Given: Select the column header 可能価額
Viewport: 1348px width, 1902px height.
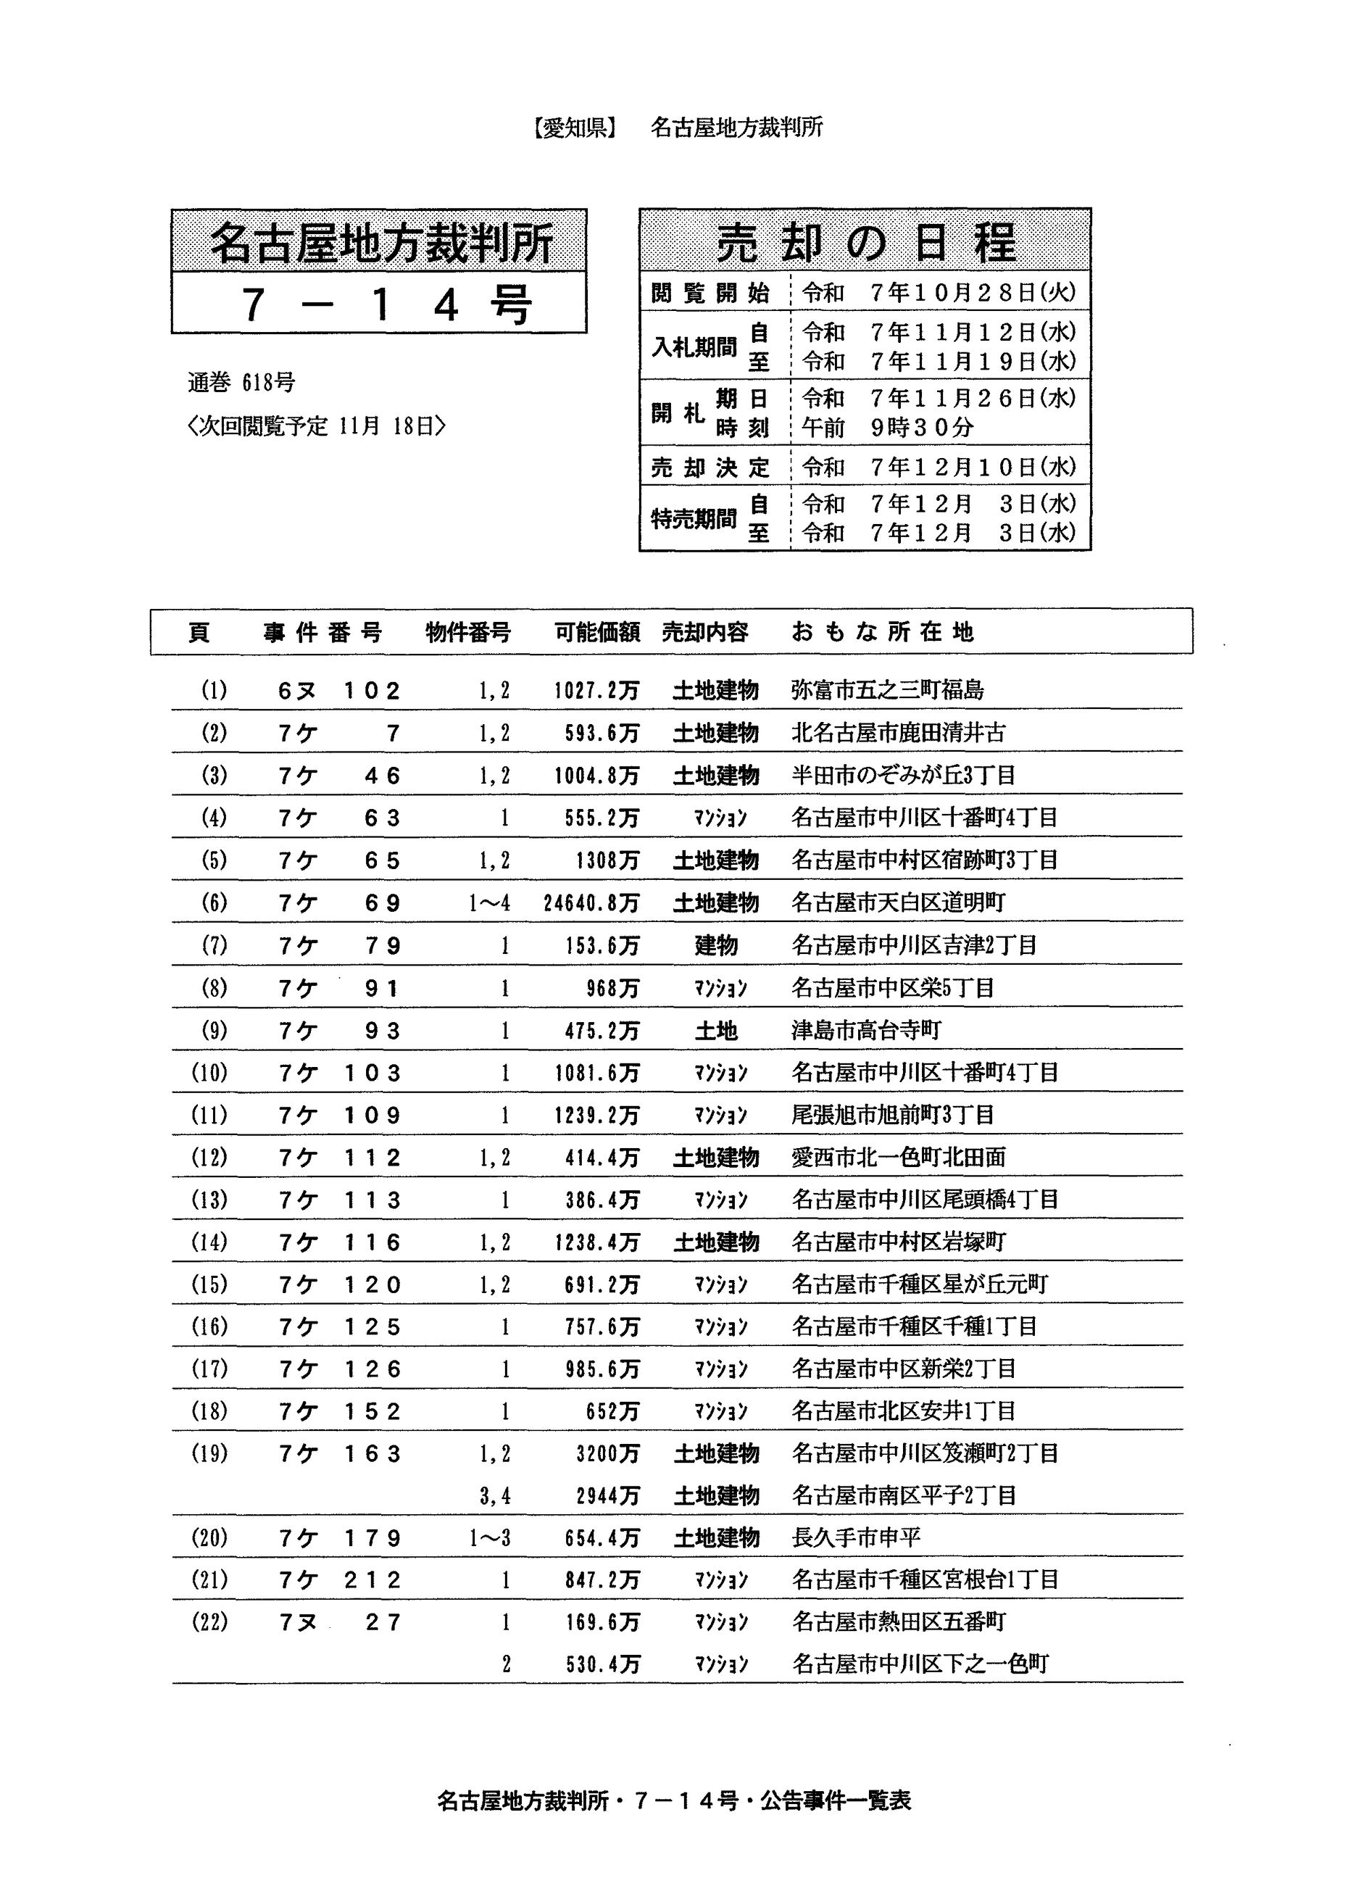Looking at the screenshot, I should coord(596,633).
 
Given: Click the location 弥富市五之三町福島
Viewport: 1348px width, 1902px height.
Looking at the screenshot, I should coord(887,690).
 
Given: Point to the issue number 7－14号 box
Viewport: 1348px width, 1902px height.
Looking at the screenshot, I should coord(379,304).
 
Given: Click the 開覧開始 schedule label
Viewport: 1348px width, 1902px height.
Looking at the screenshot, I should coord(710,292).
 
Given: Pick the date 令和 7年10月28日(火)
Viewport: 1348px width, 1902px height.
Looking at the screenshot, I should coord(939,292).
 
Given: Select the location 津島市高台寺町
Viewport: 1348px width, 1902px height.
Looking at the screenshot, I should coord(866,1030).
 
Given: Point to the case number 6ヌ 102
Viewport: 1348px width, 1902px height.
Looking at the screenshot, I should coord(339,691).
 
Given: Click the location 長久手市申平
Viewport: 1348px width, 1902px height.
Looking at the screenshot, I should coord(856,1538).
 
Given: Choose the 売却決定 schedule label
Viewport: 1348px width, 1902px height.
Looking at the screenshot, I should coord(710,468).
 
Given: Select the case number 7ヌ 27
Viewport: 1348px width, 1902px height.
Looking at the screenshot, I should coord(339,1622).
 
